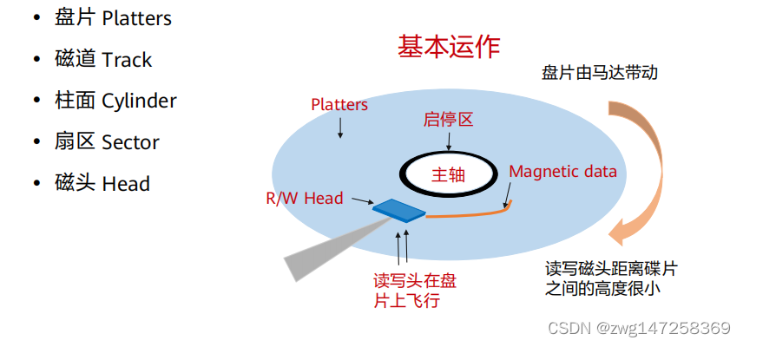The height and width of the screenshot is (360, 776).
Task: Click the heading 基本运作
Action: coord(448,46)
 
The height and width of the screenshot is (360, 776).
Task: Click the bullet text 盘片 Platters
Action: coord(113,18)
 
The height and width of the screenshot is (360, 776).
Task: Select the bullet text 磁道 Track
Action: coord(102,60)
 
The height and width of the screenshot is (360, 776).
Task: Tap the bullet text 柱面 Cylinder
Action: coord(115,101)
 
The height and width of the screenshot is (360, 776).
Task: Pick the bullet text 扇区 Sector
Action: coord(107,142)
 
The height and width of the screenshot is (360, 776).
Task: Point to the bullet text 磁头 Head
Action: coord(102,184)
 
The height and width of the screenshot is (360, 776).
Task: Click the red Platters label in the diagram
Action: coord(339,105)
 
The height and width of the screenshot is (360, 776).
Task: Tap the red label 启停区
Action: coord(448,121)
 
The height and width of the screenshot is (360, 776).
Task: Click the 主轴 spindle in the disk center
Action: coord(448,173)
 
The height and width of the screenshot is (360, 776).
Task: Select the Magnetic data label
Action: coord(562,171)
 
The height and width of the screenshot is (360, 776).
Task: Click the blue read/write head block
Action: coord(398,209)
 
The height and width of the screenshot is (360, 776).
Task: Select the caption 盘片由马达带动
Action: coord(599,73)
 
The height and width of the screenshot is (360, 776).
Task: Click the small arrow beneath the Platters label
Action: coord(340,128)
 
